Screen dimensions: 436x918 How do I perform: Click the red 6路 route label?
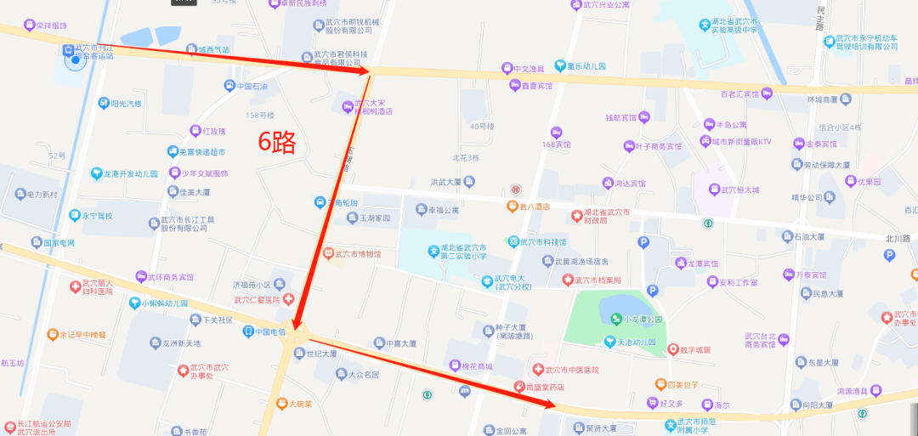click(277, 143)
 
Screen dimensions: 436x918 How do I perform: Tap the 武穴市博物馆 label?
click(358, 254)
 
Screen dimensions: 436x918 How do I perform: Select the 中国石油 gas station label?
click(252, 87)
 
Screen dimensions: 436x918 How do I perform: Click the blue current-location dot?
click(76, 60)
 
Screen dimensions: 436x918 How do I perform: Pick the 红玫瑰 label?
click(213, 132)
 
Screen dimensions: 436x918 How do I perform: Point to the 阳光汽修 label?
click(126, 104)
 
